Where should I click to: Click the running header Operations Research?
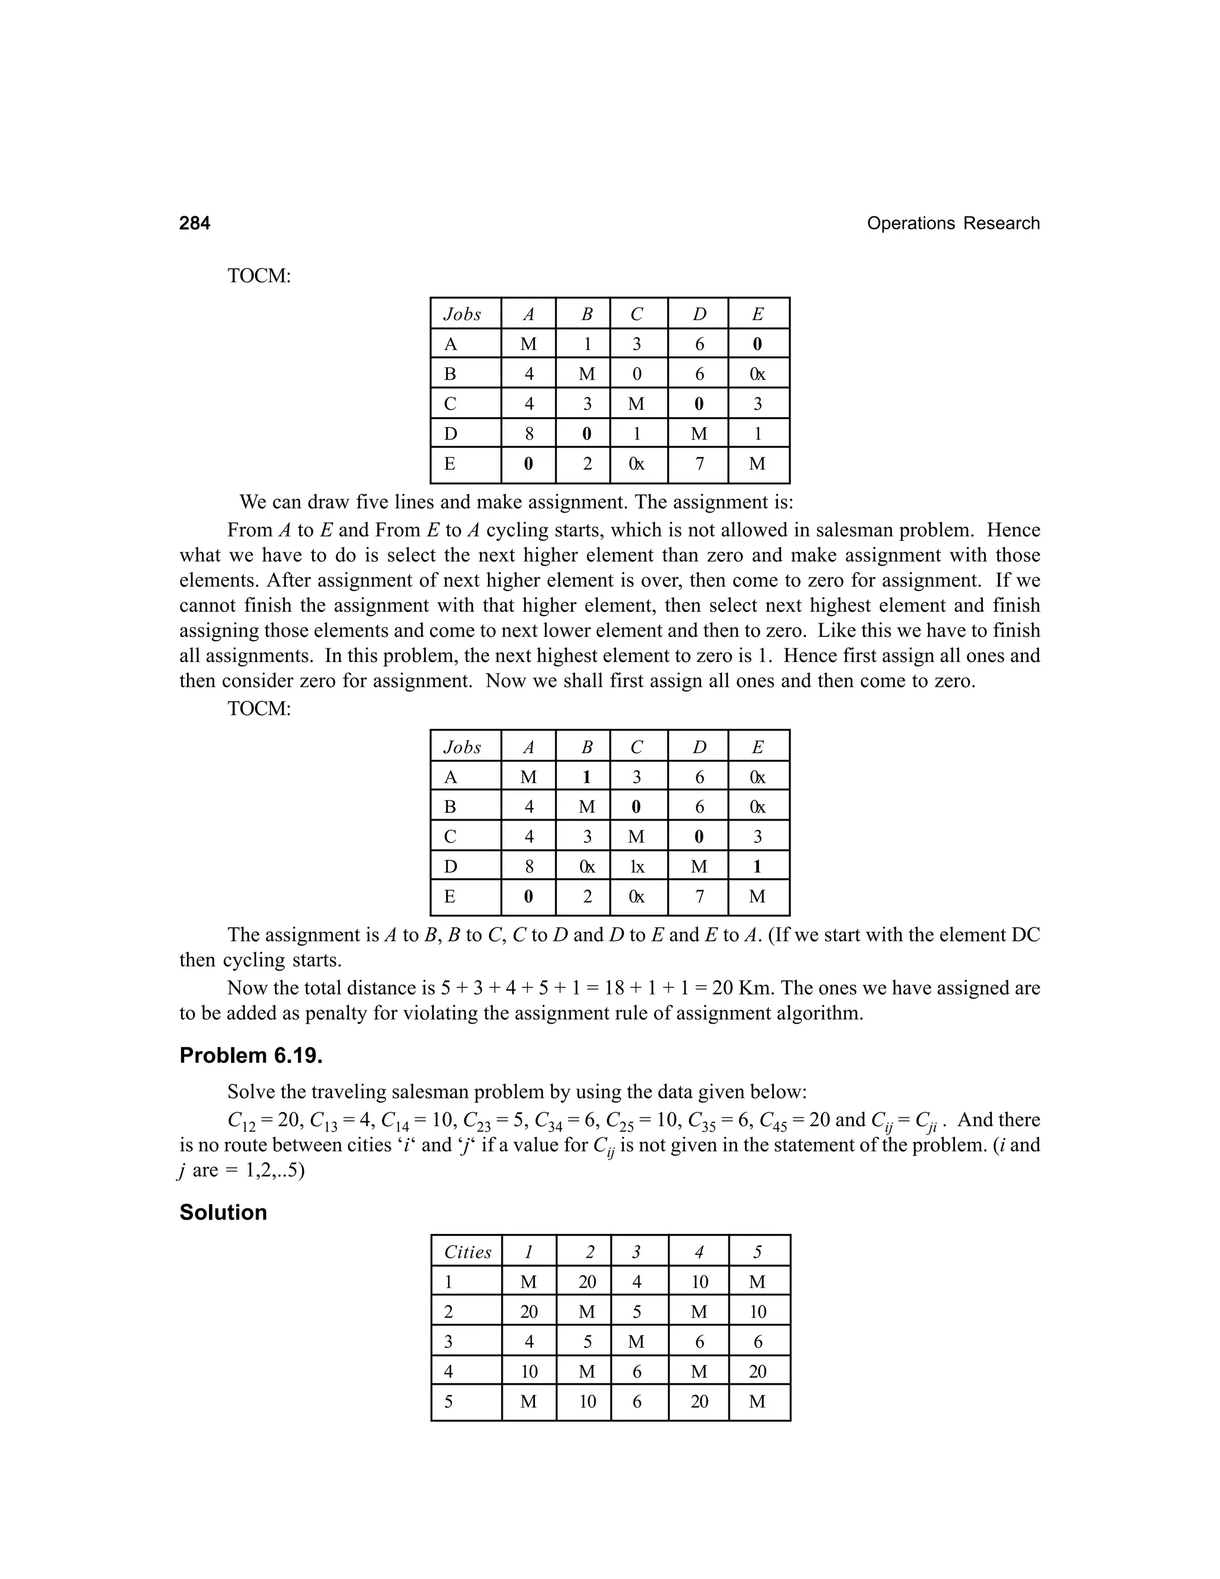pyautogui.click(x=953, y=223)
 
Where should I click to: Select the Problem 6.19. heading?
pyautogui.click(x=251, y=1056)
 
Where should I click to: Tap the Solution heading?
pyautogui.click(x=223, y=1213)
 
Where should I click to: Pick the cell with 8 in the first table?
pyautogui.click(x=528, y=434)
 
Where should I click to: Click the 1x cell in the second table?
pyautogui.click(x=636, y=867)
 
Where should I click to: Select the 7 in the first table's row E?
pyautogui.click(x=699, y=464)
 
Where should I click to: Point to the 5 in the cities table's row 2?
pyautogui.click(x=636, y=1312)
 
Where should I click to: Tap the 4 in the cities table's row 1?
pyautogui.click(x=636, y=1282)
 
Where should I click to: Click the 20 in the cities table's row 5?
pyautogui.click(x=699, y=1402)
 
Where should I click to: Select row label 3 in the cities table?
pyautogui.click(x=449, y=1342)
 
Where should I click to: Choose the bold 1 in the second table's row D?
pyautogui.click(x=758, y=867)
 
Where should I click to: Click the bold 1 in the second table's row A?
pyautogui.click(x=587, y=777)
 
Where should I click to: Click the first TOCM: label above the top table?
pyautogui.click(x=259, y=275)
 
